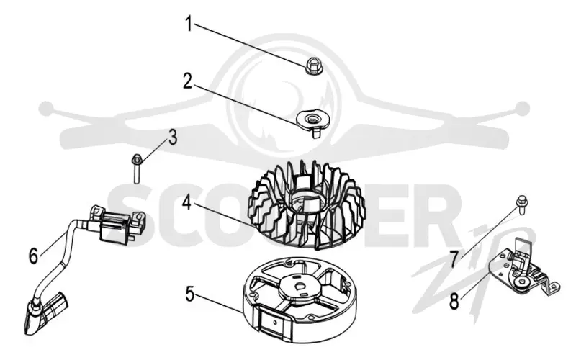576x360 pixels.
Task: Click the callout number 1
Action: pos(189,24)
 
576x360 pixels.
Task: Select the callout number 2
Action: pos(188,81)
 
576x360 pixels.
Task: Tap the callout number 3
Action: pos(172,137)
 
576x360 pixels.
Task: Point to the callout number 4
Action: pos(187,202)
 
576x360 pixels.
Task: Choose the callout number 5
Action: pos(189,294)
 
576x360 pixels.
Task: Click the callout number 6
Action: pos(33,256)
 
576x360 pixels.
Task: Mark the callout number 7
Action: pos(454,260)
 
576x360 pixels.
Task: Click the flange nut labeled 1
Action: pos(314,66)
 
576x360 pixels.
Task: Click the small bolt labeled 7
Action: pos(521,204)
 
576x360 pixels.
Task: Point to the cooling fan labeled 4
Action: pos(307,204)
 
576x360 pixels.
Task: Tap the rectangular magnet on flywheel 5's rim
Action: pos(275,323)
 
